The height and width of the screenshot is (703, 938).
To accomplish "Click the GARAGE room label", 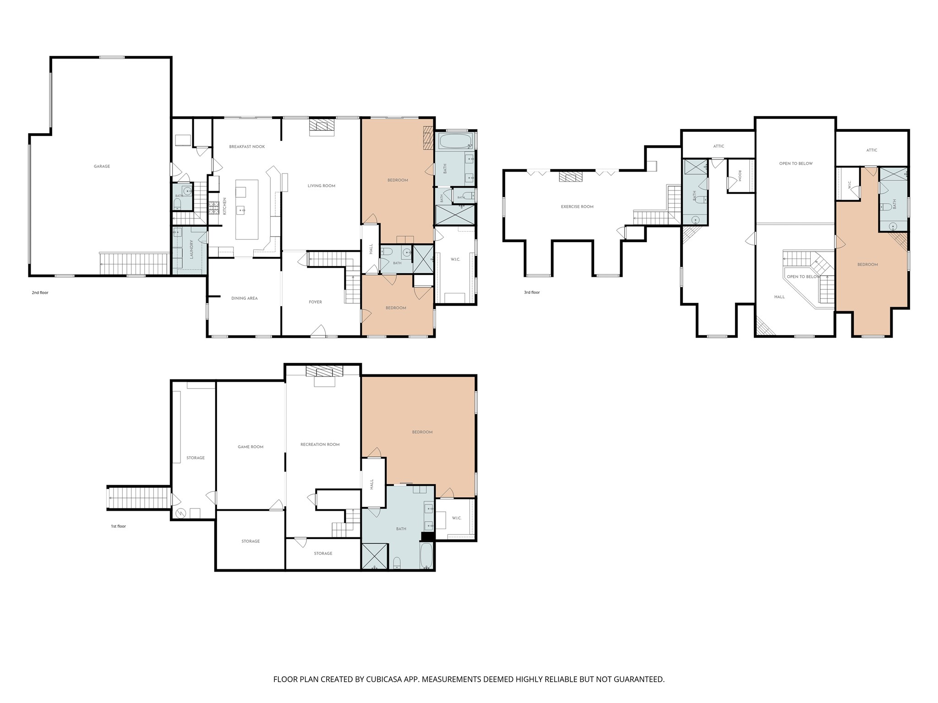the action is tap(102, 167).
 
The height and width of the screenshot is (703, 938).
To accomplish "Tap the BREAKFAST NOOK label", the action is tap(247, 147).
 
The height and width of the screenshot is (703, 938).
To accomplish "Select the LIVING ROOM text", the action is tap(322, 186).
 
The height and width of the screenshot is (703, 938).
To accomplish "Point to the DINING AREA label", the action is tap(245, 298).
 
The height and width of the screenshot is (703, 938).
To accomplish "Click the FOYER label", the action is tap(316, 302).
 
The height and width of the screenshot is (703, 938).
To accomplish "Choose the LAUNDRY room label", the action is tap(191, 249).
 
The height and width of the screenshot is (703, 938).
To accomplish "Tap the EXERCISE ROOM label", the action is tap(577, 207).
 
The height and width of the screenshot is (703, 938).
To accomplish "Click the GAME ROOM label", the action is tap(251, 447).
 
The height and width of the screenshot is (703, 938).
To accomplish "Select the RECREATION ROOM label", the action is tap(320, 444).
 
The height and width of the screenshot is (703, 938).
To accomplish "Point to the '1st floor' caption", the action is tap(118, 526).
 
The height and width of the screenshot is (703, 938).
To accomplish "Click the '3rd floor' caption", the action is tap(532, 292).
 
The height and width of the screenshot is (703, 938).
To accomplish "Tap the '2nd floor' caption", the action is tap(40, 292).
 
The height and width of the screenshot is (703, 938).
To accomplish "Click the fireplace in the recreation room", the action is tap(324, 371).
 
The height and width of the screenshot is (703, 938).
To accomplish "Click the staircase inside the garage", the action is tap(134, 264).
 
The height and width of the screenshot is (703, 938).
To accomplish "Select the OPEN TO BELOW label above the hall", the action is tap(803, 277).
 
